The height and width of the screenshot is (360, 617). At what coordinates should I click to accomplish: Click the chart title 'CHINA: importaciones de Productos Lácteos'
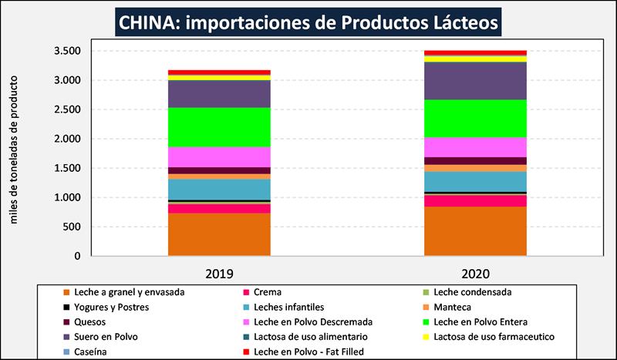tap(308, 21)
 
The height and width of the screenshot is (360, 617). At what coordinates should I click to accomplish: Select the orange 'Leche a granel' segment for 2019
tap(219, 234)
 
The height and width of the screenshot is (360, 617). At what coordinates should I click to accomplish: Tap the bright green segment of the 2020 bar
tap(475, 118)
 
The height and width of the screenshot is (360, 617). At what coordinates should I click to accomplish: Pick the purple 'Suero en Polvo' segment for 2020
tap(475, 80)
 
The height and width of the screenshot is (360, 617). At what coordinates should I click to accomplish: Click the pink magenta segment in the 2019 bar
tap(219, 156)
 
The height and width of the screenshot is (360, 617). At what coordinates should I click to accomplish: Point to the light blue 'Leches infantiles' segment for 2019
tap(219, 189)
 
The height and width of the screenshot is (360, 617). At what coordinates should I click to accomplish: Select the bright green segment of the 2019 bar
tap(219, 126)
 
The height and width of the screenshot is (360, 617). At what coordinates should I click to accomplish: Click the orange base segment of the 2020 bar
tap(475, 230)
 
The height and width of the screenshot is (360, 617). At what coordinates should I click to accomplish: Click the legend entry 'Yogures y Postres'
tap(112, 307)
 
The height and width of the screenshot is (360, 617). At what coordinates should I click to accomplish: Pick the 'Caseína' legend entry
tap(92, 351)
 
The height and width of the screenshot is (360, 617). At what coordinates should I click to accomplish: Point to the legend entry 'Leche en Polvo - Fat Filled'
tap(308, 351)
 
